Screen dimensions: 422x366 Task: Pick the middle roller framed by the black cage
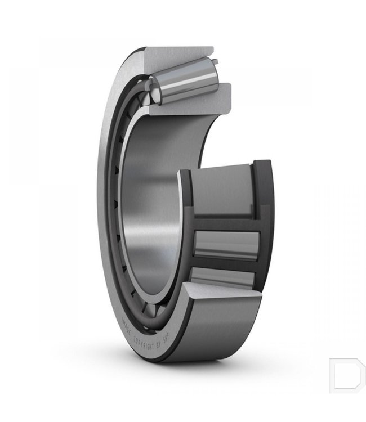pos(225,245)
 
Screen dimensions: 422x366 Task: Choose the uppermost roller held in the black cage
pos(222,191)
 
